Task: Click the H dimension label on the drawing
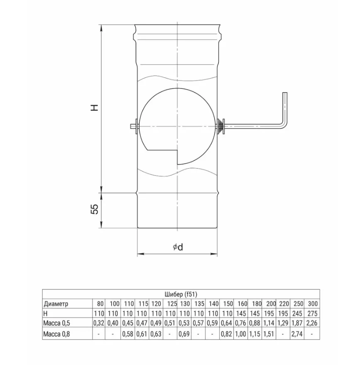(x=95, y=107)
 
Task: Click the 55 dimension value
(x=95, y=209)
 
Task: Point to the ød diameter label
(x=178, y=247)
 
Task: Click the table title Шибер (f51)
(x=181, y=294)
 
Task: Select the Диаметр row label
(x=56, y=304)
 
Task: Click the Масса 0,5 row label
(x=56, y=323)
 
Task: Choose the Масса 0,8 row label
(x=56, y=334)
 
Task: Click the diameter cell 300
(x=313, y=304)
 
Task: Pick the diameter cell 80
(x=100, y=304)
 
